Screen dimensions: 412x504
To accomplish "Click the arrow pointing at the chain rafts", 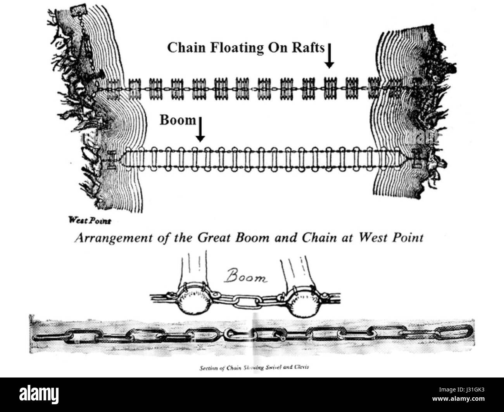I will tap(329, 56).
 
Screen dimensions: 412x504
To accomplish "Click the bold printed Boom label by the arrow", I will tap(178, 120).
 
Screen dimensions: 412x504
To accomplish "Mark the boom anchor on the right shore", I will tap(417, 159).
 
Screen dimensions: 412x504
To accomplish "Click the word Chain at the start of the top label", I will tap(184, 47).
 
